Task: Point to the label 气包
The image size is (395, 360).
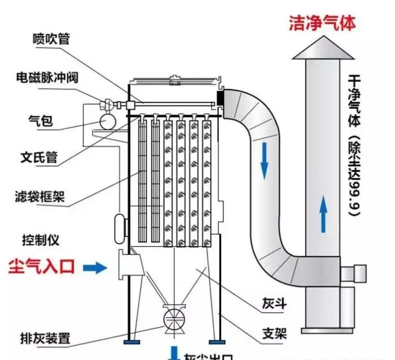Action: pyautogui.click(x=40, y=120)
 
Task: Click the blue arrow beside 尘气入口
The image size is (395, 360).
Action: pyautogui.click(x=95, y=267)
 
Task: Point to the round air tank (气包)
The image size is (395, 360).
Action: pyautogui.click(x=106, y=121)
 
